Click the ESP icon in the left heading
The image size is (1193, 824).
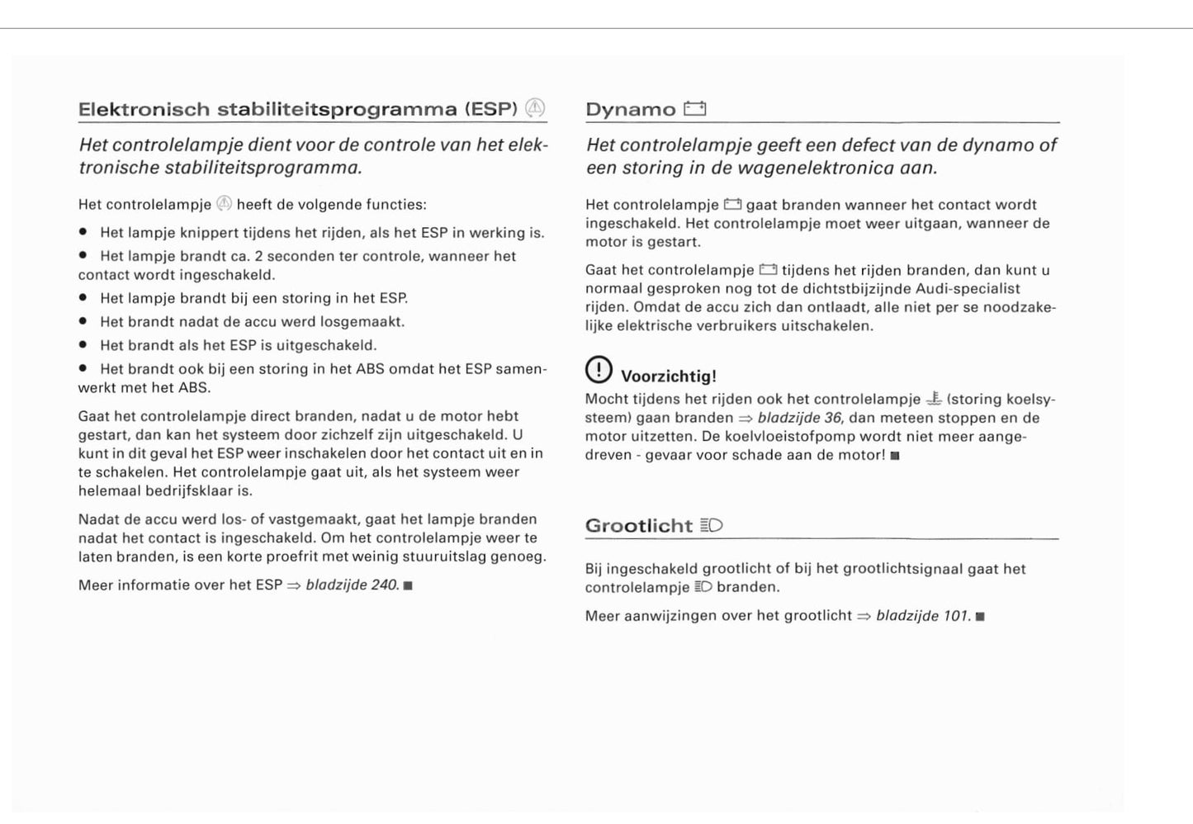point(535,108)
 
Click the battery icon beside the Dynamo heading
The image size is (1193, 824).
point(694,108)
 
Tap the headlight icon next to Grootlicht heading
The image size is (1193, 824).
point(711,525)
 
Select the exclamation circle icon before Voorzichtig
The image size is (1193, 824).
point(599,370)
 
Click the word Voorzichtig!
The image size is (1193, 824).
point(668,376)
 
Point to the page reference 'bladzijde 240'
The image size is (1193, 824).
point(353,585)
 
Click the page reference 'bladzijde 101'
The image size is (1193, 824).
point(923,616)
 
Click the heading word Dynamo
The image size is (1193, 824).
point(630,109)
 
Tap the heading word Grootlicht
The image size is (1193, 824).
point(638,526)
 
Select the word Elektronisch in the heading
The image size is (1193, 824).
point(144,109)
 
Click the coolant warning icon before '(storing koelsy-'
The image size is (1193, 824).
point(934,399)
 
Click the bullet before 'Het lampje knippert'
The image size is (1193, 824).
point(83,233)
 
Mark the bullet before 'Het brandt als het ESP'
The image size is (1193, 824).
point(83,345)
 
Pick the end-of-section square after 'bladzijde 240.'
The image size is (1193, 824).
point(408,586)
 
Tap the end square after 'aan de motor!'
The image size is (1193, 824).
point(895,456)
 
